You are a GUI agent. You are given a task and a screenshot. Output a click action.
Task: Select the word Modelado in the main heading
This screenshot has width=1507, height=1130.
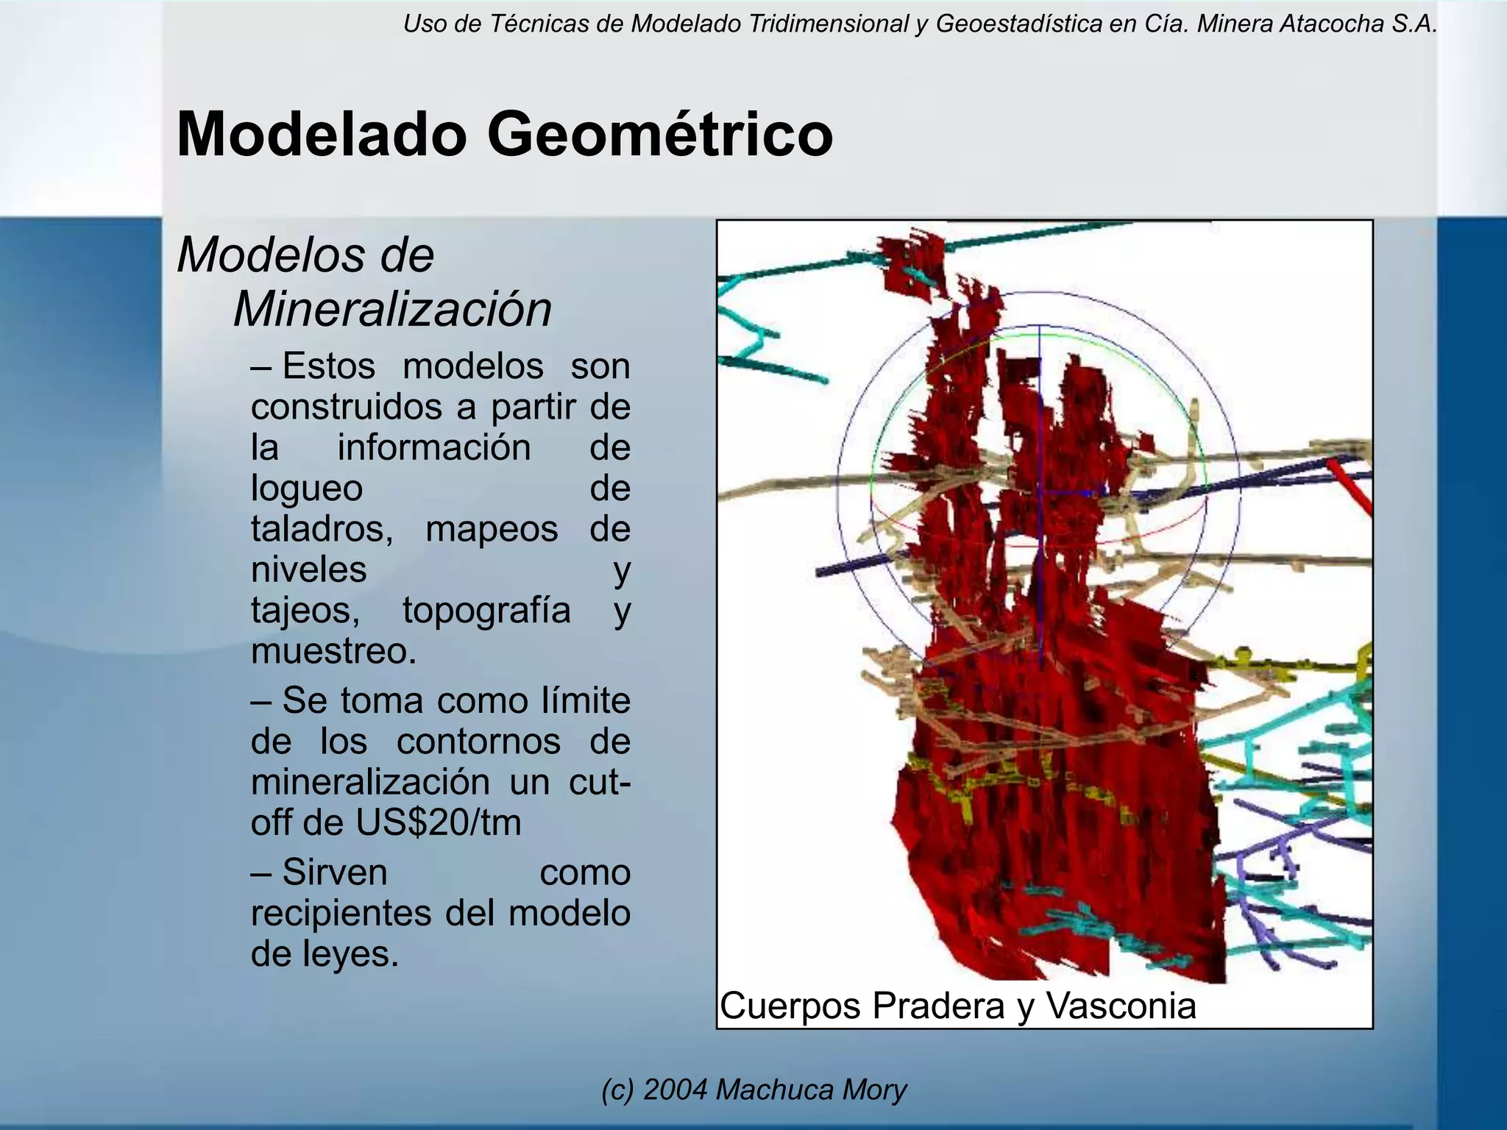tap(322, 135)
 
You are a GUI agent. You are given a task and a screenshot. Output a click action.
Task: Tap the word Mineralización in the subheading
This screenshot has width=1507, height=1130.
tap(392, 309)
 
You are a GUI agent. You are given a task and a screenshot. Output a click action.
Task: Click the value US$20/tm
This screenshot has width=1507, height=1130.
tap(439, 822)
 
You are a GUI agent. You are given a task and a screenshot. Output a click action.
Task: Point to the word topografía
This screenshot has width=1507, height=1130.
tap(486, 611)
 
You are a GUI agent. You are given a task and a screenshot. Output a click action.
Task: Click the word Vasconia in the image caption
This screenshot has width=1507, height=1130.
tap(1121, 1006)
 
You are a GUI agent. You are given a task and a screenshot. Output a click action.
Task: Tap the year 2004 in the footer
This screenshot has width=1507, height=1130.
tap(675, 1090)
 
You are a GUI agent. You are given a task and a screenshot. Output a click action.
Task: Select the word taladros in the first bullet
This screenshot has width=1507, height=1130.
tap(319, 529)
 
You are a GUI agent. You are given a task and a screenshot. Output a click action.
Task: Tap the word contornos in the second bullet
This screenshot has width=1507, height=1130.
tap(478, 742)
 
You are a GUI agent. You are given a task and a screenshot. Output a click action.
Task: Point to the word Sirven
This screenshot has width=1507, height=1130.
tap(335, 873)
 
